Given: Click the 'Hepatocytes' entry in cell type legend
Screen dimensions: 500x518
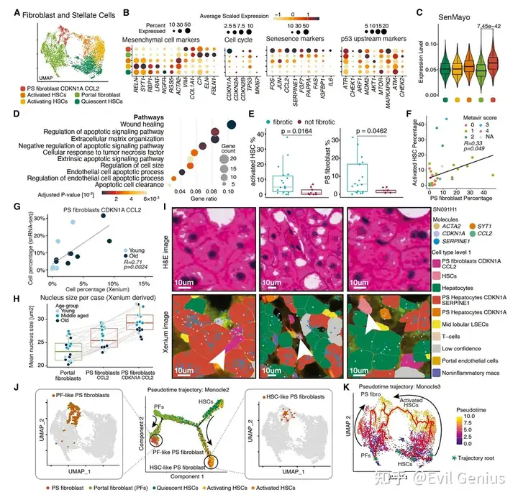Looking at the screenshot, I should (x=461, y=288).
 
